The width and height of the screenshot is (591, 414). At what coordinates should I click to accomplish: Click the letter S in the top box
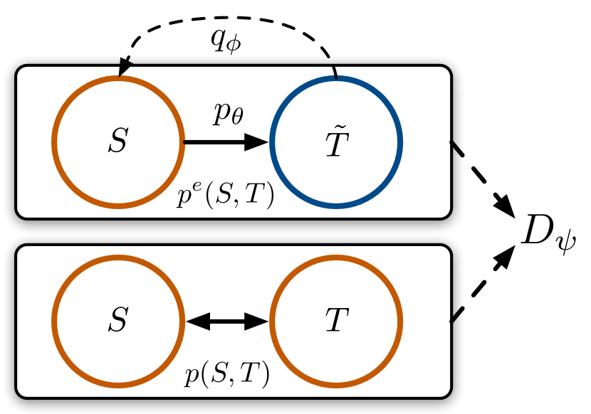[118, 142]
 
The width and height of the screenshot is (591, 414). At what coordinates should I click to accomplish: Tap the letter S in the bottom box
[118, 322]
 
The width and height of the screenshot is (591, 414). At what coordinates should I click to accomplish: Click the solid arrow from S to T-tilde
[224, 142]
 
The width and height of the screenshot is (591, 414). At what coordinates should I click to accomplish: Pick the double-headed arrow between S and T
[226, 322]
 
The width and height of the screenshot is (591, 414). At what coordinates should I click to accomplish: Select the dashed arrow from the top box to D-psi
[484, 174]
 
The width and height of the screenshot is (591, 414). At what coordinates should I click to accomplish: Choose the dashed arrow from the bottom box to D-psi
[484, 285]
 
